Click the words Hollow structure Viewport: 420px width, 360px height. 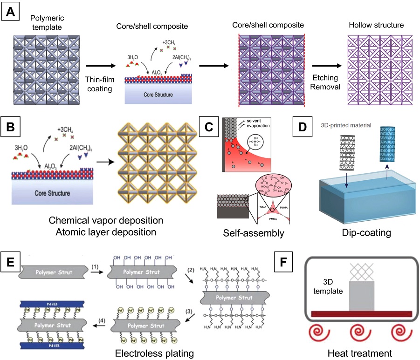pyautogui.click(x=376, y=25)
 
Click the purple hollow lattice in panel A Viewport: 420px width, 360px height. pyautogui.click(x=375, y=65)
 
